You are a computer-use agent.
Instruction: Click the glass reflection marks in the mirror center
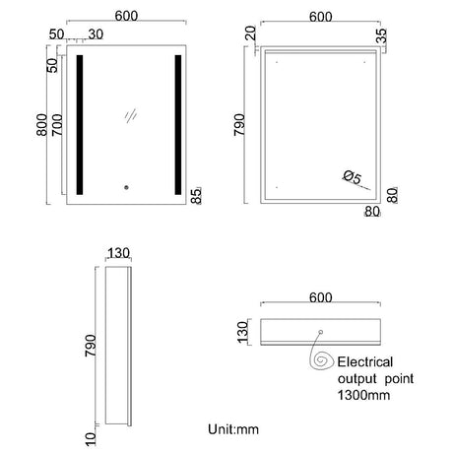click(129, 115)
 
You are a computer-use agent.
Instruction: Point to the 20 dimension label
click(252, 35)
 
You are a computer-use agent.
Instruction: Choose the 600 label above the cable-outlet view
click(320, 295)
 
